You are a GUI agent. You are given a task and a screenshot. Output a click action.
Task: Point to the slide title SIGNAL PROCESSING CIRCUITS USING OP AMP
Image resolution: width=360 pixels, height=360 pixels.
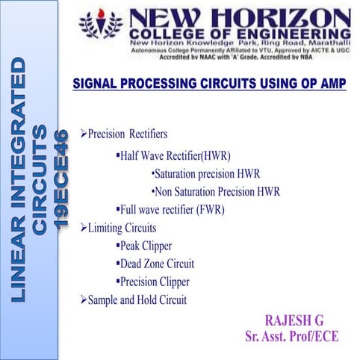(209, 84)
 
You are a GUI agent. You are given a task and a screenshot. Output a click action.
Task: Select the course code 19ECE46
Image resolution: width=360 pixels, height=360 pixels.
(63, 179)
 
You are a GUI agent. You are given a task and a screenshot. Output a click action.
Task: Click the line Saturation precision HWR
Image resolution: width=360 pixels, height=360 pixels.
(205, 173)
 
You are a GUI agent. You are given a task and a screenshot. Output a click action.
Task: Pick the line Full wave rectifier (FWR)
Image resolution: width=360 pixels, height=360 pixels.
(172, 210)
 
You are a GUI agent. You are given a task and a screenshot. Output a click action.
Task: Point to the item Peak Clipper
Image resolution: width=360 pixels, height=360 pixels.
(146, 246)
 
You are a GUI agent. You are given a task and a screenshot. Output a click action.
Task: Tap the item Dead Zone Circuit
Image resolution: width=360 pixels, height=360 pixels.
(157, 264)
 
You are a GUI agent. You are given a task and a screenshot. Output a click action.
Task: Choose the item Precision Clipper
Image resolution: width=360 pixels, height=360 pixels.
(155, 282)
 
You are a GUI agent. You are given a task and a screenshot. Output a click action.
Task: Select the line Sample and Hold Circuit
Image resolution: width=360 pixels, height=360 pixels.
(137, 300)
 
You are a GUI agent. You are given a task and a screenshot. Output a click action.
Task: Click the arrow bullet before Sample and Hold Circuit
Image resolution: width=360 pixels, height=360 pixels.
(84, 300)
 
